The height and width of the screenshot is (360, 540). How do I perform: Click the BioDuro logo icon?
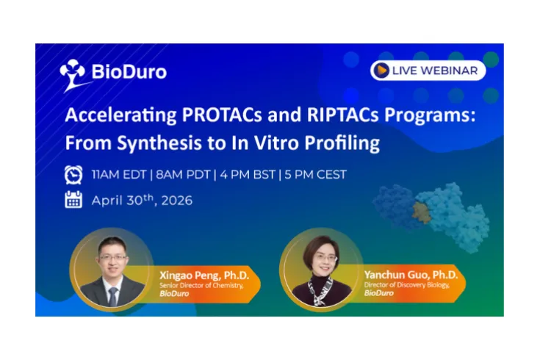tap(73, 74)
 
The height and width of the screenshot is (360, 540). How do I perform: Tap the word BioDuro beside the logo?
tap(129, 72)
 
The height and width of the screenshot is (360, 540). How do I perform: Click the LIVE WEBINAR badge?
tap(428, 71)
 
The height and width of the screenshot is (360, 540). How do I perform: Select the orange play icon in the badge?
tap(381, 71)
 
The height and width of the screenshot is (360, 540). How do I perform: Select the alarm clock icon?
tap(73, 174)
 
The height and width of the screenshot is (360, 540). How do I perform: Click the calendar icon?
tap(73, 200)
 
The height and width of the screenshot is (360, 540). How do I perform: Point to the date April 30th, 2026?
tap(142, 200)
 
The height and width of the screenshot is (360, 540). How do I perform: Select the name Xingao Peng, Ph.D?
tap(204, 276)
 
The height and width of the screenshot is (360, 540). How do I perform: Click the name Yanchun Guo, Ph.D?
tap(410, 274)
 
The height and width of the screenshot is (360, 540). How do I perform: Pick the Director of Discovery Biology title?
tap(410, 284)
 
